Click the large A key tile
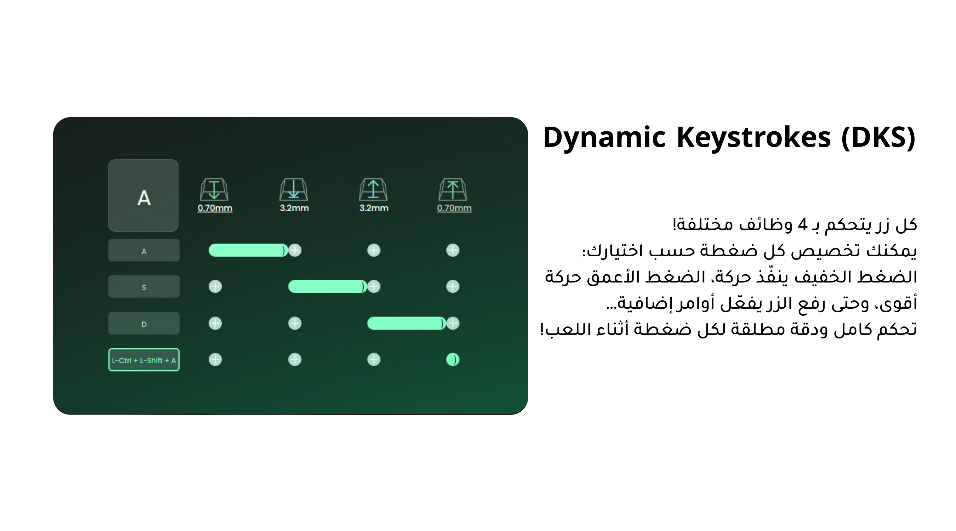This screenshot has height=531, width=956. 143,195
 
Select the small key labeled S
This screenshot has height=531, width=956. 144,286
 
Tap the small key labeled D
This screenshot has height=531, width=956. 144,324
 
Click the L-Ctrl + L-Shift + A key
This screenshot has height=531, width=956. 144,360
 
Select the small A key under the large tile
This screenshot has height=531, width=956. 144,251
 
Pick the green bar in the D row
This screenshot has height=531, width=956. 407,323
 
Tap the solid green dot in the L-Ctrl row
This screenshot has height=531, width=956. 453,360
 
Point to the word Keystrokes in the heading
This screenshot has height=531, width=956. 753,137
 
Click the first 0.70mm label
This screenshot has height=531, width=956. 215,208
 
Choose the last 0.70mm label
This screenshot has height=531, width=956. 454,208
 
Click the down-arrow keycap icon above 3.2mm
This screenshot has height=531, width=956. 294,190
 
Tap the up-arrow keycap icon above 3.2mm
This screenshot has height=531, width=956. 373,190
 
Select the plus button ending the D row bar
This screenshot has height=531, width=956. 453,323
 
